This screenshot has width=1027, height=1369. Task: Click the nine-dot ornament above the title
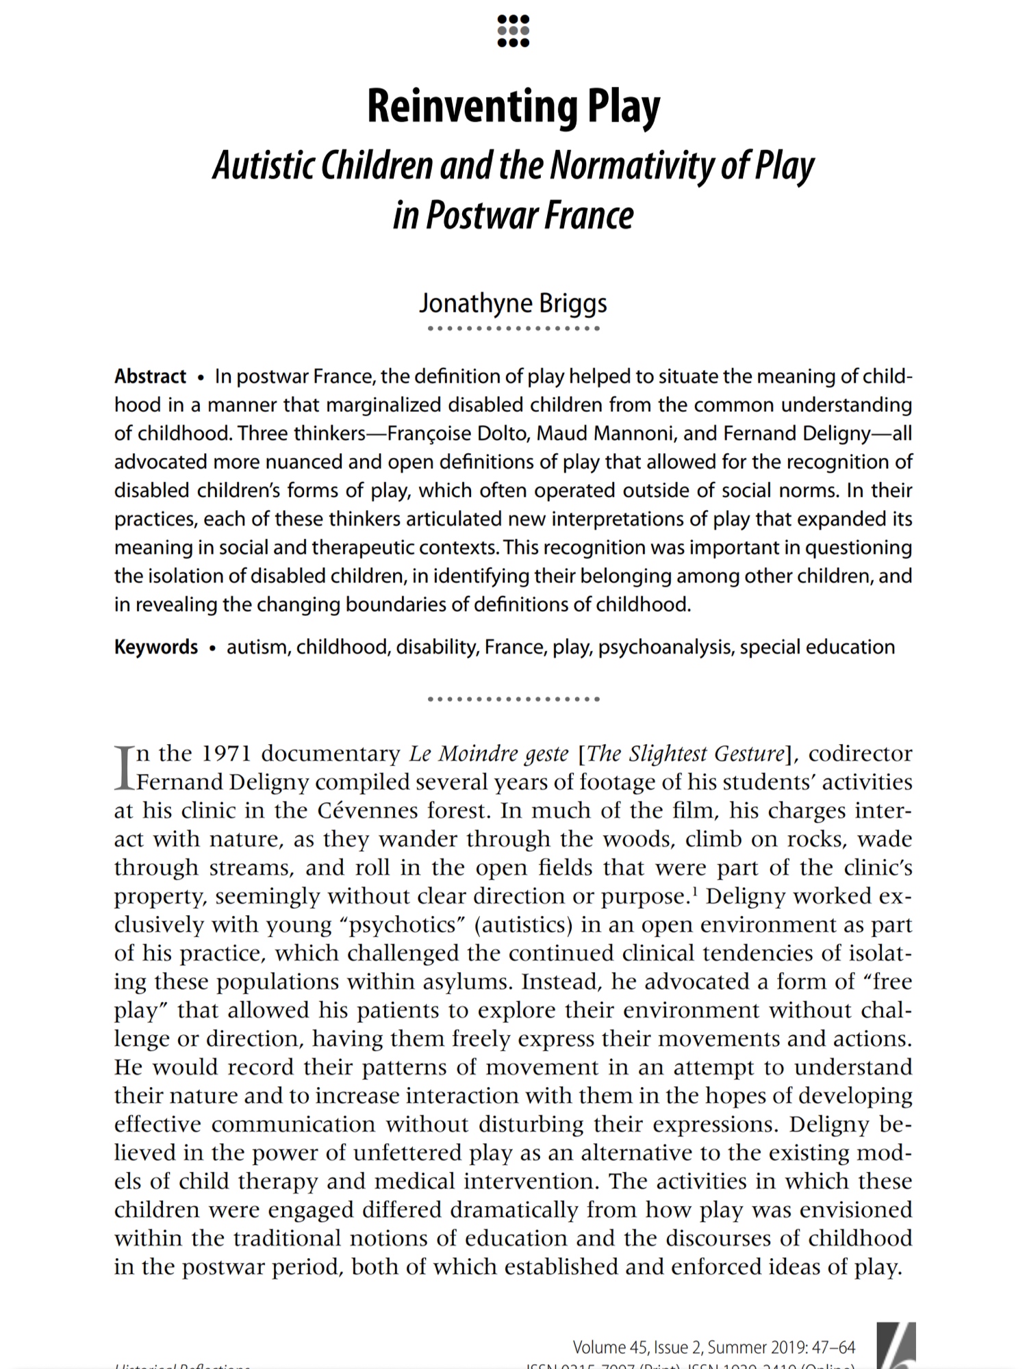click(x=513, y=31)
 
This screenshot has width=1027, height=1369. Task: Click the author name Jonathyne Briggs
click(x=513, y=303)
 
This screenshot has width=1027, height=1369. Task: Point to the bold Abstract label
click(x=150, y=376)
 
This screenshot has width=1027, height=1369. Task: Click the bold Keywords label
click(x=156, y=648)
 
